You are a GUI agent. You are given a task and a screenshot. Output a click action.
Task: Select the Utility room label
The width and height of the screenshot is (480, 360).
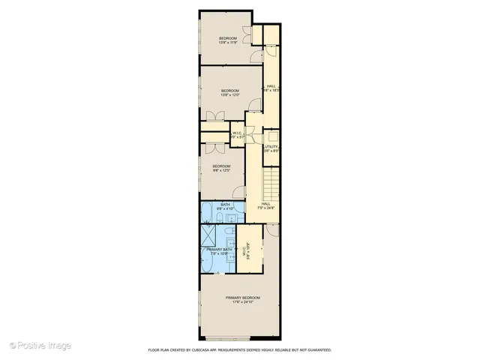point(271,148)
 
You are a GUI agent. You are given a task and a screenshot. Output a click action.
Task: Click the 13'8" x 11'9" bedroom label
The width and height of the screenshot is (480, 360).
point(228,40)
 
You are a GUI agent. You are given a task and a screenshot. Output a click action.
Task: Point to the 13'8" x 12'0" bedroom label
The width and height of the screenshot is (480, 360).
point(230,92)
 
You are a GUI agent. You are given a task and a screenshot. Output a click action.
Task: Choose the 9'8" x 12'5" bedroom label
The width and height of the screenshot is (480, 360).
point(220,168)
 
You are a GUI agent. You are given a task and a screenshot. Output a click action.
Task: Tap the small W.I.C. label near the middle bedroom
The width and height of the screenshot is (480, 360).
point(237,136)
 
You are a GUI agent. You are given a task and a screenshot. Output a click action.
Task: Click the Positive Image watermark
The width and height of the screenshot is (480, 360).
point(41,346)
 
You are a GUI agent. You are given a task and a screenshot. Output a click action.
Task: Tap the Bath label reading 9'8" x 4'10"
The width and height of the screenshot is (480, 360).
point(225,206)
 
